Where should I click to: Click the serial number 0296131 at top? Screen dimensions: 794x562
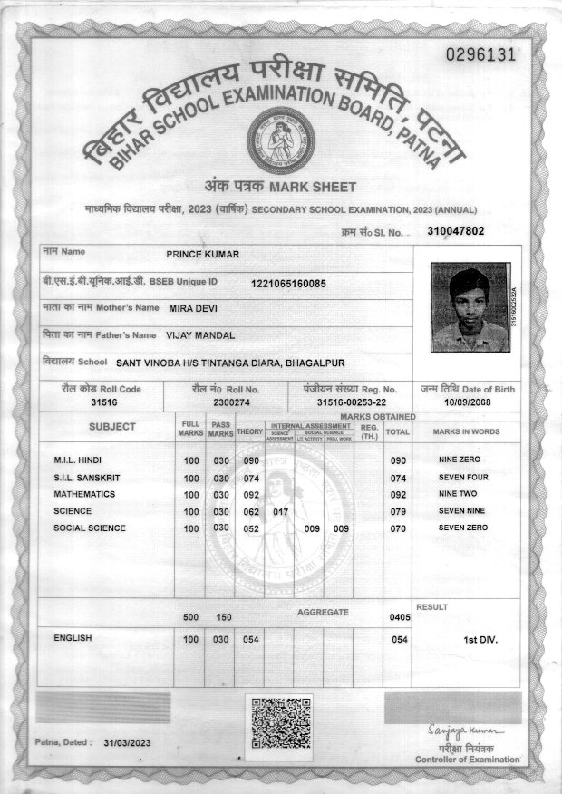click(480, 54)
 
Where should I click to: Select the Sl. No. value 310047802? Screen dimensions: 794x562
click(455, 231)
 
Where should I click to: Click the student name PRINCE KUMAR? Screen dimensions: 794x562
click(203, 255)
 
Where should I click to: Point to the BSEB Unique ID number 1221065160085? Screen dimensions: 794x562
click(288, 284)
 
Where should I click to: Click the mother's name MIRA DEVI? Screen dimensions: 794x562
click(193, 308)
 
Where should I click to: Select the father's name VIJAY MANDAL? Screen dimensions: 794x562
click(200, 335)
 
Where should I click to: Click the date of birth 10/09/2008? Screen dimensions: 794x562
click(467, 402)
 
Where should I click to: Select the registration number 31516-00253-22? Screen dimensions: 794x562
click(352, 402)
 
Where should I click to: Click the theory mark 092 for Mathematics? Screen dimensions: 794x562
click(252, 495)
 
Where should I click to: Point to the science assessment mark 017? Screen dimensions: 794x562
click(280, 512)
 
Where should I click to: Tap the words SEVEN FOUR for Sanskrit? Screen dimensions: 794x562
click(463, 478)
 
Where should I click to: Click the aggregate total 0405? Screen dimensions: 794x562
click(400, 617)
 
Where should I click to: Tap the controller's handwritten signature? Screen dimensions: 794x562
click(463, 731)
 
